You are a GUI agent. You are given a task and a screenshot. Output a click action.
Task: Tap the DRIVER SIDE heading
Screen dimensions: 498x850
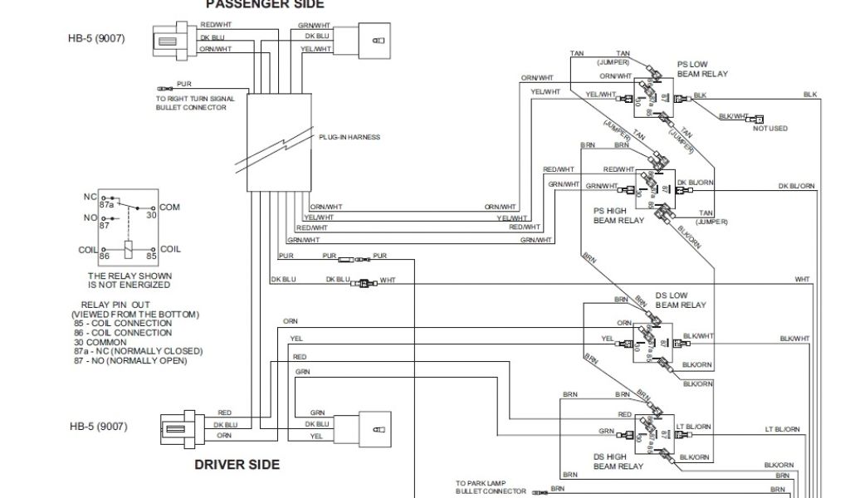coord(237,464)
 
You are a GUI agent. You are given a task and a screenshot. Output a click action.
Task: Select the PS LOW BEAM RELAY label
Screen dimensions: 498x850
coord(702,69)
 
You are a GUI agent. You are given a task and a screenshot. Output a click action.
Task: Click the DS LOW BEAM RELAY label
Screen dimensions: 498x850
coord(681,300)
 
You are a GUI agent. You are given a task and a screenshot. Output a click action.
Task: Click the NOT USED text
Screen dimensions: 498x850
coord(770,129)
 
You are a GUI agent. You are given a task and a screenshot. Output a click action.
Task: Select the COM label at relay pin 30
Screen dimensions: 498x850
coord(169,207)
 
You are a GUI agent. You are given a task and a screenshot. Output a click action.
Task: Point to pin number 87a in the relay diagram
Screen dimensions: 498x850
coord(107,203)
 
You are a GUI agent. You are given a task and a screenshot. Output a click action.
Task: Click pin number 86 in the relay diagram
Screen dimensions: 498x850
coord(106,258)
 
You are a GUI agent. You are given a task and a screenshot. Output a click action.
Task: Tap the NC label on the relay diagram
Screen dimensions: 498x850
coord(90,197)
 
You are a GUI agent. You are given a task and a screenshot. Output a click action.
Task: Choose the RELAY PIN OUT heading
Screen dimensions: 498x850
coord(115,305)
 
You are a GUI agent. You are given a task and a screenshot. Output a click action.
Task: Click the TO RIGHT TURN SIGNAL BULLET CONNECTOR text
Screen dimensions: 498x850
coord(195,103)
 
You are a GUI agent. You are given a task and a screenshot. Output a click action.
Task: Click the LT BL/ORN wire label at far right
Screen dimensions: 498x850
coord(782,429)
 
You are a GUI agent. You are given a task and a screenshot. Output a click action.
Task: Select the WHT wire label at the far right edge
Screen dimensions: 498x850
coord(802,280)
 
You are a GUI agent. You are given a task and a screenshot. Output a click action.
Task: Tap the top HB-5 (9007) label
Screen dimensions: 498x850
coord(97,38)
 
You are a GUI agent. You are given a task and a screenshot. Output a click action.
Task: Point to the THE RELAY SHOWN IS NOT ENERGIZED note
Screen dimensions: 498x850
coord(129,280)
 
